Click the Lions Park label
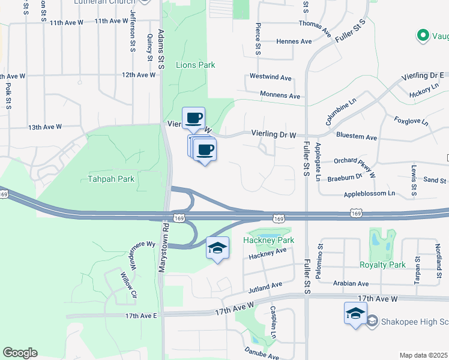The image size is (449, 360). (x=195, y=64)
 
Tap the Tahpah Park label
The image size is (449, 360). (x=111, y=178)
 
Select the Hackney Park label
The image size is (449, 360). (x=268, y=240)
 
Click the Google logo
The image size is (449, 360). (x=20, y=353)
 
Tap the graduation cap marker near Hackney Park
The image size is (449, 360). (x=217, y=248)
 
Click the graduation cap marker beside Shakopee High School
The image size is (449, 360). (x=355, y=313)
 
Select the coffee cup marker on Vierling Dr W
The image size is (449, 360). (x=193, y=118)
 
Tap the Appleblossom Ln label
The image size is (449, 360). (x=369, y=193)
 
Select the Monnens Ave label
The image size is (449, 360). (x=280, y=95)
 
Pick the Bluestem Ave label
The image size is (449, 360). (x=357, y=137)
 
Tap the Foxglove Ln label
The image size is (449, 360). (x=411, y=121)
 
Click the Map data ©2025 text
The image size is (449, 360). (x=424, y=355)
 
